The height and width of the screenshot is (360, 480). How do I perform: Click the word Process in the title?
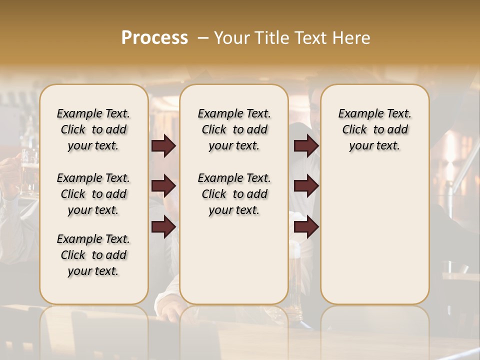click(154, 38)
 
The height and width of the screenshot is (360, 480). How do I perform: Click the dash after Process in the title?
click(202, 38)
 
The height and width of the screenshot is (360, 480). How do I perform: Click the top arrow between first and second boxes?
click(163, 146)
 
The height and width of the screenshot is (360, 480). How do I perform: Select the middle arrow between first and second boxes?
click(163, 186)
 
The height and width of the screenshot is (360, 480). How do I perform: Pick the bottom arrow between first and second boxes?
click(163, 226)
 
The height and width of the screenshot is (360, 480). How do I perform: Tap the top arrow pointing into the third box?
click(306, 146)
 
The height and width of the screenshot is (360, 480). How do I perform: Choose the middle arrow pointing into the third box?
click(306, 186)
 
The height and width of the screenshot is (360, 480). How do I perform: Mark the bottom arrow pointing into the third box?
click(306, 226)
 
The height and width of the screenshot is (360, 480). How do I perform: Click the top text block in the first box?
click(93, 129)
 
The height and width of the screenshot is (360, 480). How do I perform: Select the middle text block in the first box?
click(93, 194)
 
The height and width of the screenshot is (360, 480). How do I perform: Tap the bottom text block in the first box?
click(93, 255)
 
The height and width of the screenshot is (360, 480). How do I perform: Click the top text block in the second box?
click(234, 129)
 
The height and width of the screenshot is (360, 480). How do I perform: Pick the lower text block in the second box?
click(234, 194)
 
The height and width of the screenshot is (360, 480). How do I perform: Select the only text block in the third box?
click(374, 129)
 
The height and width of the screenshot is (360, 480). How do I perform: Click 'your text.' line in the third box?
click(374, 146)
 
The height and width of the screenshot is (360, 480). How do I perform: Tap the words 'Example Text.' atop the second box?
click(234, 113)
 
